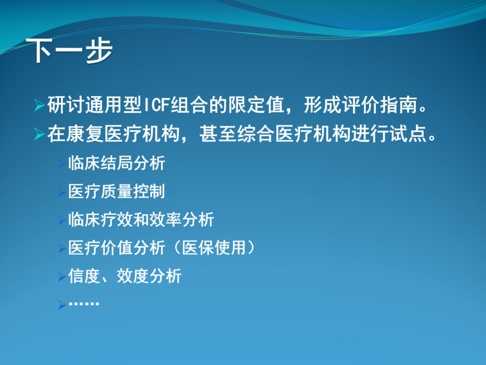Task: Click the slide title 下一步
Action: pyautogui.click(x=70, y=51)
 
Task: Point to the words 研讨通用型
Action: pyautogui.click(x=94, y=105)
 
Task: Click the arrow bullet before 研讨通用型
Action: pyautogui.click(x=40, y=105)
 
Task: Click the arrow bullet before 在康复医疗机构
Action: pyautogui.click(x=40, y=134)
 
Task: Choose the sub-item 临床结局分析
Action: pyautogui.click(x=116, y=163)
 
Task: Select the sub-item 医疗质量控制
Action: pyautogui.click(x=116, y=191)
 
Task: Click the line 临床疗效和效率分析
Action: pyautogui.click(x=141, y=220)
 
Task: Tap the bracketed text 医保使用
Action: pyautogui.click(x=214, y=248)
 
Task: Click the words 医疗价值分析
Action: pyautogui.click(x=116, y=248)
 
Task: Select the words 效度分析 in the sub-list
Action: pyautogui.click(x=149, y=276)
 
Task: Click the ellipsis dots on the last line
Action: pyautogui.click(x=84, y=303)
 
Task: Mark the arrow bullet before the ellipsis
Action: pyautogui.click(x=62, y=304)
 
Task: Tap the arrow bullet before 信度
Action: pyautogui.click(x=62, y=276)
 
